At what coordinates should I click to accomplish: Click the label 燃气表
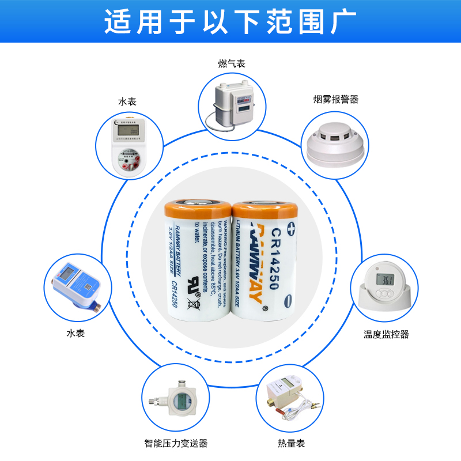coord(232,64)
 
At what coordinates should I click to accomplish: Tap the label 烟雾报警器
coord(335,99)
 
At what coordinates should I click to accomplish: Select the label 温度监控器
coord(386,334)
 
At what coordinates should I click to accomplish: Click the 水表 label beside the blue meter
coord(75,333)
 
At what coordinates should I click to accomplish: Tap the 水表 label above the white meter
coord(127,101)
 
